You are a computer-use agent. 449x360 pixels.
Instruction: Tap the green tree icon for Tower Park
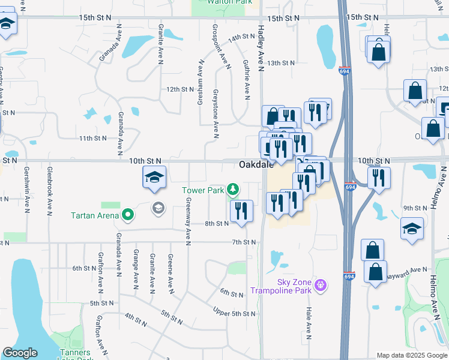coord(233,191)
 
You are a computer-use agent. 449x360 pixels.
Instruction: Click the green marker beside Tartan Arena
coord(128,214)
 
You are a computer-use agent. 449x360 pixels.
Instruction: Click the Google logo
coord(20,353)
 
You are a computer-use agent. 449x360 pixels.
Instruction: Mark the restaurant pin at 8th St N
coord(241,211)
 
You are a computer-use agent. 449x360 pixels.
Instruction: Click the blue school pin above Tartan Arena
coord(154,178)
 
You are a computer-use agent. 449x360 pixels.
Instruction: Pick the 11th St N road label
coord(92,138)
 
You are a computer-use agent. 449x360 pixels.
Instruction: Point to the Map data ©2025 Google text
coord(411,355)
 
